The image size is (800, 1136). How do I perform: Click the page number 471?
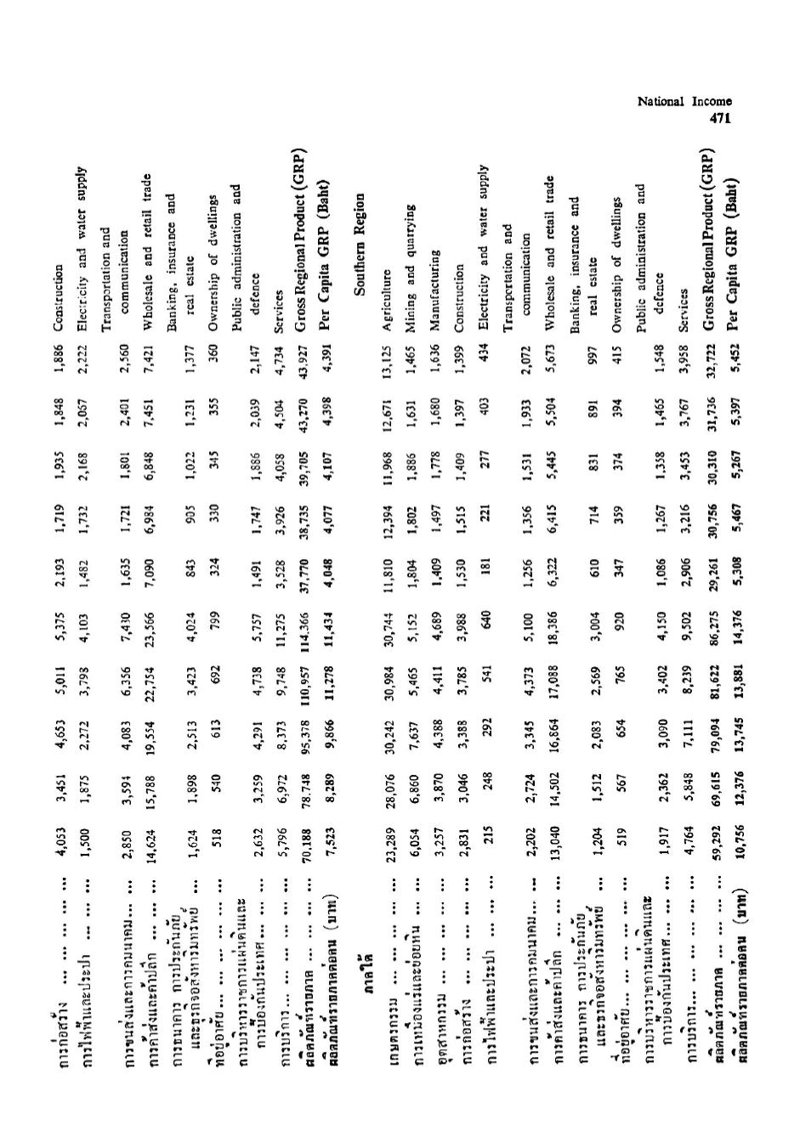720,118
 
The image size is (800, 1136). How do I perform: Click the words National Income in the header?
684,102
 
